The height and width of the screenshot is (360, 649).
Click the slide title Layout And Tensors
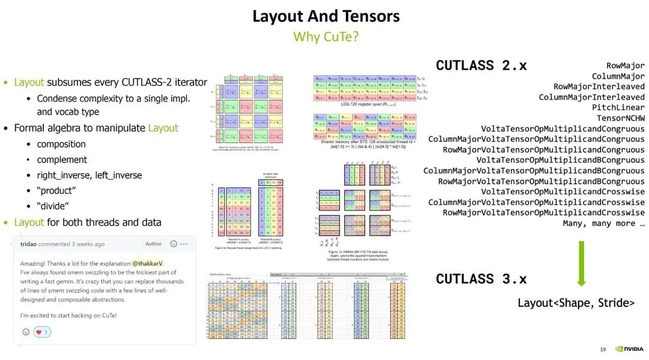(x=326, y=16)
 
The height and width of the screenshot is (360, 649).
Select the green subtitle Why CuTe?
(x=326, y=37)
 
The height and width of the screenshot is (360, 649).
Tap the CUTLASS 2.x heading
(x=481, y=66)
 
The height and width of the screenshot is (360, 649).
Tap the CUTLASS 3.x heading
(x=481, y=279)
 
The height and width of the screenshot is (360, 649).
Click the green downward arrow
(x=581, y=264)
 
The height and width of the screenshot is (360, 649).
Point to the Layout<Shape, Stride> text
(x=576, y=303)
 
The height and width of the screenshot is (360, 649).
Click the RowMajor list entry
(x=625, y=66)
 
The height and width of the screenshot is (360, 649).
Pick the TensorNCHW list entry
(x=620, y=118)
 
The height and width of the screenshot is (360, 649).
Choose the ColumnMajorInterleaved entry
(x=591, y=97)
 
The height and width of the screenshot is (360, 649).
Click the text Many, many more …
(x=603, y=223)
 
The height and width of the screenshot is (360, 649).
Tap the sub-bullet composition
(x=61, y=144)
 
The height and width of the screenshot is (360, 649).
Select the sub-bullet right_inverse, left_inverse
(x=89, y=175)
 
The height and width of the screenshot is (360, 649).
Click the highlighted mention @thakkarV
(x=148, y=263)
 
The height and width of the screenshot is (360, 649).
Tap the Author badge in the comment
(x=154, y=244)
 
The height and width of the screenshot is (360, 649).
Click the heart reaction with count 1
(x=42, y=332)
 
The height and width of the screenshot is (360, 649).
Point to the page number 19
(x=603, y=350)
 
